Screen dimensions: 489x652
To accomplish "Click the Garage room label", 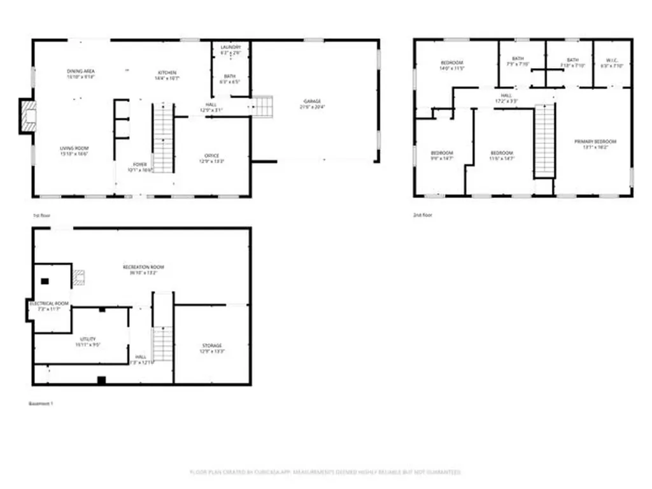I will [x=312, y=101].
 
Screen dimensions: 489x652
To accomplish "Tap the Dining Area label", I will [x=81, y=71].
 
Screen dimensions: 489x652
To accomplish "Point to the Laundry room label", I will [x=230, y=48].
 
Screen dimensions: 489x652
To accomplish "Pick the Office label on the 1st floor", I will [x=212, y=155].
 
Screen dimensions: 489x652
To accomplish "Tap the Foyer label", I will [x=140, y=164].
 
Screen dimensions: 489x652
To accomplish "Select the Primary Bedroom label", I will [x=595, y=141].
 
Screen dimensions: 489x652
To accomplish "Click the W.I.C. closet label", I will [x=613, y=60].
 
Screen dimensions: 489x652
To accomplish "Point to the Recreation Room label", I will [x=143, y=267].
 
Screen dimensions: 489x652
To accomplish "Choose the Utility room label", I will [x=87, y=339].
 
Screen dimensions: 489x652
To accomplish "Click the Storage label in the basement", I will [x=213, y=346].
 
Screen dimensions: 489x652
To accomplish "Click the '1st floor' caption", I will [x=41, y=216].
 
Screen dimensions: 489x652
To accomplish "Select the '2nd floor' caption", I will [x=423, y=215].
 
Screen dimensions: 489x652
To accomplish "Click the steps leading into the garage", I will [x=262, y=106].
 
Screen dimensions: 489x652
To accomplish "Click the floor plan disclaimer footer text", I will [x=325, y=472].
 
